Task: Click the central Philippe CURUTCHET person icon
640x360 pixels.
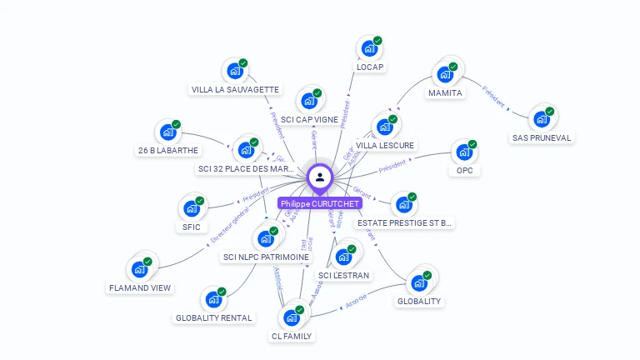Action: point(320,177)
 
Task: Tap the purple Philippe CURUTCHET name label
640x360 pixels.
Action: point(321,203)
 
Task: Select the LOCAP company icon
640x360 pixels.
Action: point(368,49)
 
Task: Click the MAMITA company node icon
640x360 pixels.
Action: point(444,75)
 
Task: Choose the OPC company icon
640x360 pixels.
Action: point(463,152)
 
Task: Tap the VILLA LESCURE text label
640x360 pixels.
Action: point(384,145)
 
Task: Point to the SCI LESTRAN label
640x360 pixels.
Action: point(343,276)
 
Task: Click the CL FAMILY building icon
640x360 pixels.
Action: point(291,317)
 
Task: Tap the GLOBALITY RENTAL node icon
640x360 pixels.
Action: point(213,299)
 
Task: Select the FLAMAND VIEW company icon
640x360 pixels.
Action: point(139,269)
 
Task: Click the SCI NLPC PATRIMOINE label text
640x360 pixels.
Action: point(266,257)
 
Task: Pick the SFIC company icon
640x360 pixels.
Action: point(191,208)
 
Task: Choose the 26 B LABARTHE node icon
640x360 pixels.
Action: point(167,132)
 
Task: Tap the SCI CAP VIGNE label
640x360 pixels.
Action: point(309,119)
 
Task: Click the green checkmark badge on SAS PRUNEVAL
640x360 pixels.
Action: point(550,111)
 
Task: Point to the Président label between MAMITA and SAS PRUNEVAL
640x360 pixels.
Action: point(494,97)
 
